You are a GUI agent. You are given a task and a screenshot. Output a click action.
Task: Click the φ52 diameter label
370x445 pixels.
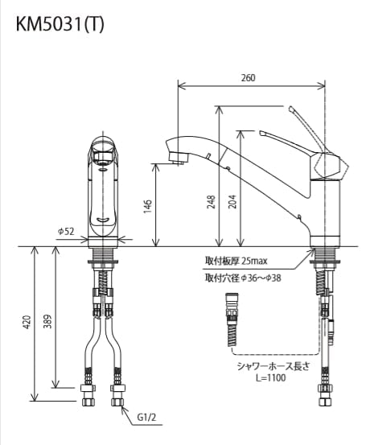point(66,232)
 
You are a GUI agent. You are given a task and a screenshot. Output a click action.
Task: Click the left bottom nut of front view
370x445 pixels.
point(89,399)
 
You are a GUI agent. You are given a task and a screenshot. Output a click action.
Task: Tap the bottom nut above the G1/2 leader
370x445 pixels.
point(117,399)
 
